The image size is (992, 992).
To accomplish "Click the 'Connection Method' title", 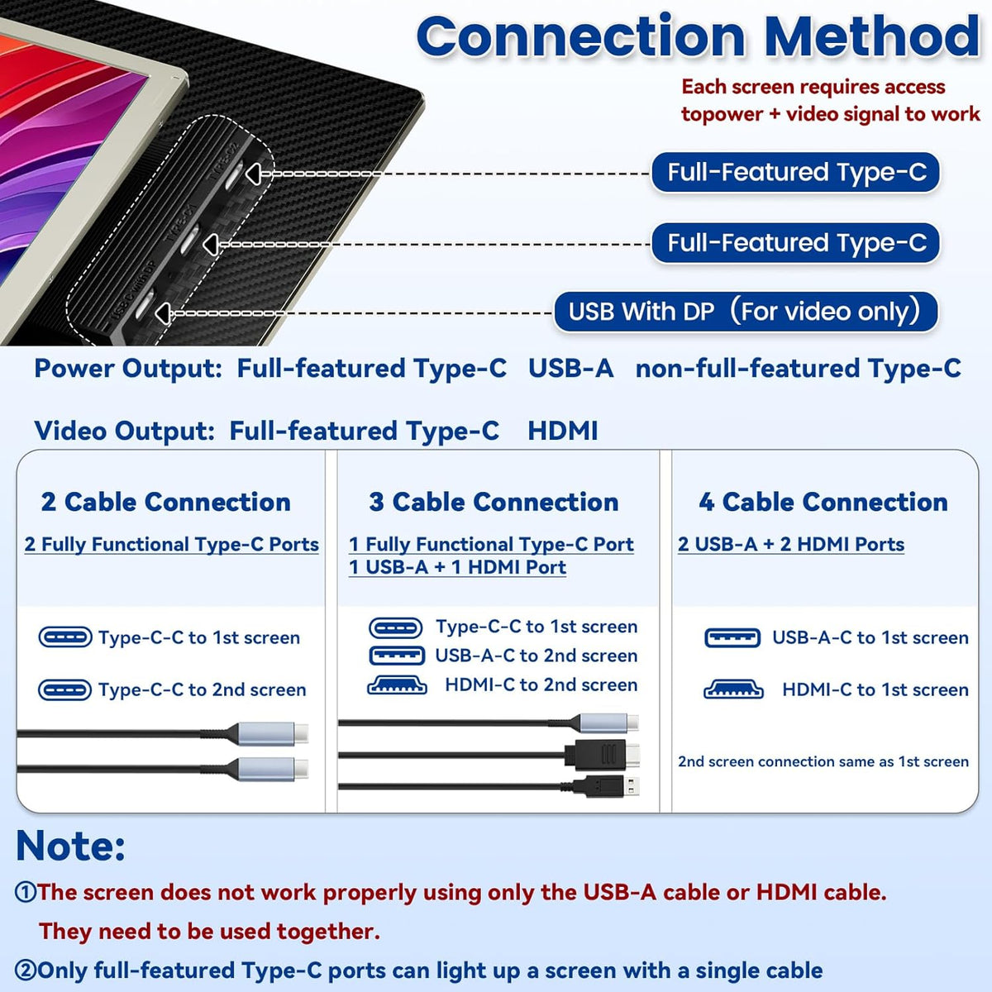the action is point(698,37).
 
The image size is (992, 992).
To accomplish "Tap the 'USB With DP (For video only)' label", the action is point(744,312).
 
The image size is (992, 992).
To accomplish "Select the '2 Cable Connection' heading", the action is point(166,502).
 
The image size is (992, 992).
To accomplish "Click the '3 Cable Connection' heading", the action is point(494,502).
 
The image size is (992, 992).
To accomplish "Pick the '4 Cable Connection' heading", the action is point(823,502).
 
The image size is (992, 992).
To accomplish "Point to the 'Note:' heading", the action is point(70,847).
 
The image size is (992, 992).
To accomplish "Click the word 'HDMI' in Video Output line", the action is point(563,431).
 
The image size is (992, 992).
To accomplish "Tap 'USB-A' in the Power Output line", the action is point(571,369).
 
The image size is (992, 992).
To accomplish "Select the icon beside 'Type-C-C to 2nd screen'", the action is point(64,689).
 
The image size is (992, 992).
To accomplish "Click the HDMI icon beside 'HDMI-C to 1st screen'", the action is point(733,689).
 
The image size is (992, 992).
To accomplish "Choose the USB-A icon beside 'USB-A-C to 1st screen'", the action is point(732,638).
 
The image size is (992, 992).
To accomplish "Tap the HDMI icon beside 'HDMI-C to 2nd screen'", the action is point(397,685).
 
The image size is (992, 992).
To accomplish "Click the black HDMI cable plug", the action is point(603,755).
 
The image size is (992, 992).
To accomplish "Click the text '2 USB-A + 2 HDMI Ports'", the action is point(791,544).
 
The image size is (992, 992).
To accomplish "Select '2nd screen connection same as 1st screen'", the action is point(823,761).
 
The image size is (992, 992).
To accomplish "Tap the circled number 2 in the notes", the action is point(26,971).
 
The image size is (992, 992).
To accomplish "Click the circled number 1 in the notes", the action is point(26,893).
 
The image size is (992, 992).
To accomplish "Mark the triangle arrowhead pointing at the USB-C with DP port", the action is point(163,313).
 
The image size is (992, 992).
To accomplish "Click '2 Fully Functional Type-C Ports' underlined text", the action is point(171,544).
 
